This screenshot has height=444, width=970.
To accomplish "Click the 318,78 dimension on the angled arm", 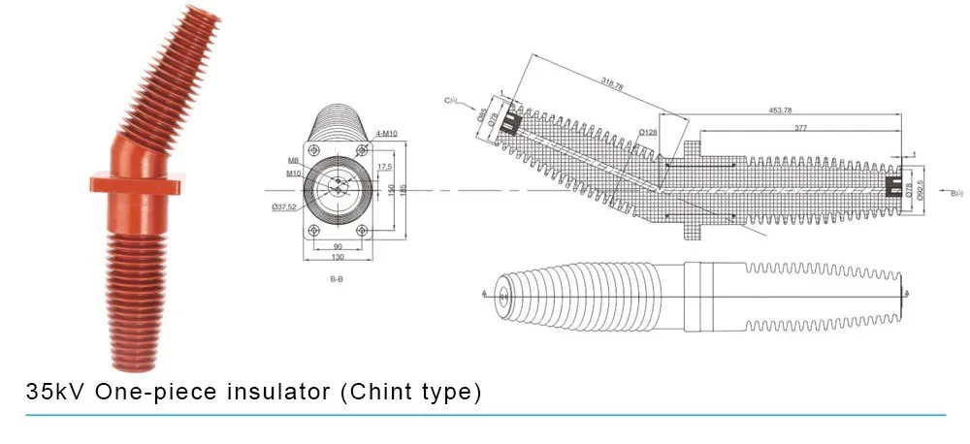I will pos(612,86).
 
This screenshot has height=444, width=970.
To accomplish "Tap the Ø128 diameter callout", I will pos(649,132).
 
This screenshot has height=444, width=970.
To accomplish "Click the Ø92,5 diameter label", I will pos(921,183).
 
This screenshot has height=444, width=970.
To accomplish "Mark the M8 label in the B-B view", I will pos(292,160).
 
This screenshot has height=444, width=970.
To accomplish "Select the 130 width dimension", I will pos(337,257).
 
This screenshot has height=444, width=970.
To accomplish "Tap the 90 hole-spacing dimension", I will pos(337,246).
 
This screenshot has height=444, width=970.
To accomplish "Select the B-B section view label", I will pos(337,279).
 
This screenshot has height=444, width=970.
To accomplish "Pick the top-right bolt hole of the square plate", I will pos(362,149).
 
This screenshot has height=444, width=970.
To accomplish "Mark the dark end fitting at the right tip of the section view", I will pos(892,183).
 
